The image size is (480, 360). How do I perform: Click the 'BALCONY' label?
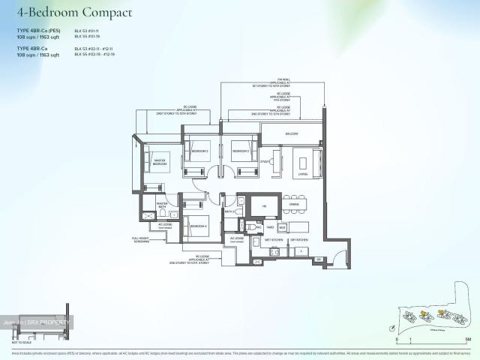[x=290, y=133]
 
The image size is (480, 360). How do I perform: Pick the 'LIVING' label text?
[x=302, y=174]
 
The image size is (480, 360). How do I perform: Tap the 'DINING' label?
[x=294, y=204]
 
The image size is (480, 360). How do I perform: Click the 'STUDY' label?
[x=265, y=162]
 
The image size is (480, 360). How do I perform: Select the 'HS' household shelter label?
[x=253, y=207]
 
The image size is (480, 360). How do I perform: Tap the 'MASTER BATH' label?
[x=162, y=205]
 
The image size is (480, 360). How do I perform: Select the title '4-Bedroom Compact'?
[x=74, y=13]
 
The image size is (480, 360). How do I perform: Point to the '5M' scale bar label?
[x=466, y=340]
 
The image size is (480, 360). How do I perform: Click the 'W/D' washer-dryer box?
[x=282, y=226]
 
